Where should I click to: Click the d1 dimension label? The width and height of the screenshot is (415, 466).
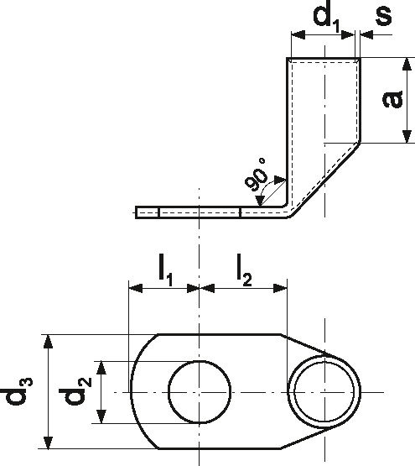(x=326, y=18)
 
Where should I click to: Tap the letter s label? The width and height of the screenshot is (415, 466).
(x=383, y=15)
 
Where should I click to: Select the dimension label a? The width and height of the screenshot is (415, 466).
(x=392, y=99)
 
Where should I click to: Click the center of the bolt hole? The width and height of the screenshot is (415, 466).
(x=200, y=392)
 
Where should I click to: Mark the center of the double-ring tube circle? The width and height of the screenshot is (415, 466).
(x=324, y=392)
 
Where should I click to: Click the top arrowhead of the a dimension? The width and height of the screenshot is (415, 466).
(x=407, y=64)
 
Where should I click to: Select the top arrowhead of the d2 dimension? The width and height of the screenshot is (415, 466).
(x=101, y=368)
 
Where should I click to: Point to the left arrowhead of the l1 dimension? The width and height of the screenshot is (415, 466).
(x=135, y=288)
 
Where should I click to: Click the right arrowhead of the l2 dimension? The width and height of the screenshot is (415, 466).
(x=280, y=288)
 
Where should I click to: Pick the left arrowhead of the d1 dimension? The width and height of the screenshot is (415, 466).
(x=298, y=34)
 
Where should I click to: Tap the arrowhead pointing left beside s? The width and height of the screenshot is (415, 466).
(x=366, y=34)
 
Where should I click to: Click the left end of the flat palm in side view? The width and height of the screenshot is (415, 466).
(x=136, y=212)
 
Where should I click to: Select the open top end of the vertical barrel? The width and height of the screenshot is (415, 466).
(x=324, y=58)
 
